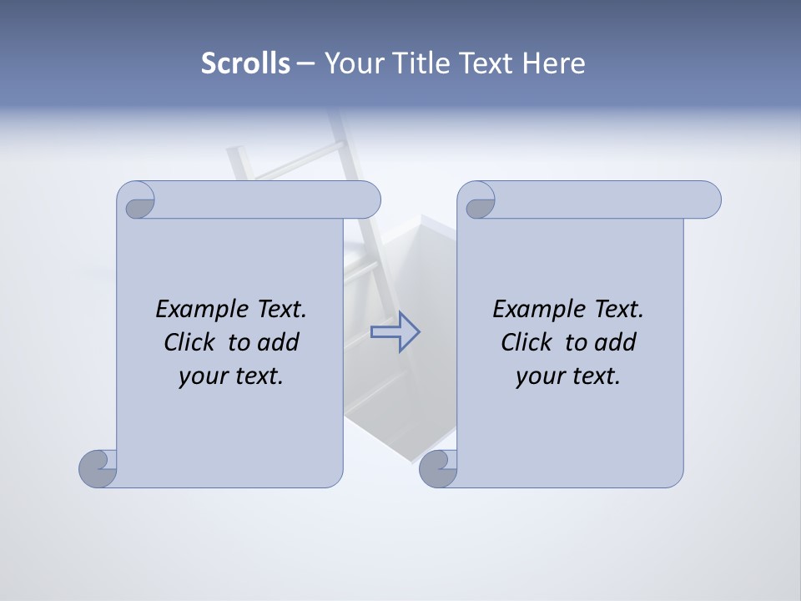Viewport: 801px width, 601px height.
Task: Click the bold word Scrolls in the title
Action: point(246,63)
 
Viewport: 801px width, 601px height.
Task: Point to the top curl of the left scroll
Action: point(137,202)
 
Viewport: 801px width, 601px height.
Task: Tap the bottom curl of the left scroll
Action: point(98,468)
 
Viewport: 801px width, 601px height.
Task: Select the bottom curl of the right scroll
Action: point(438,468)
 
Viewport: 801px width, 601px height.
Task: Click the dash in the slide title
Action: point(305,63)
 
